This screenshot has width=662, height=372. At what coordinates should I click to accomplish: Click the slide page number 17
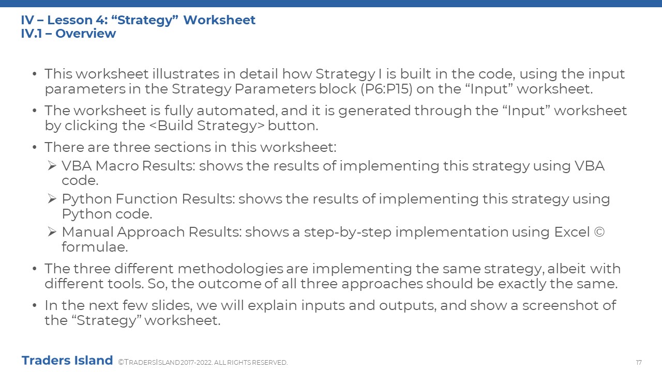(639, 363)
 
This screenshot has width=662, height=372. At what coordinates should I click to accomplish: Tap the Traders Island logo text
(67, 361)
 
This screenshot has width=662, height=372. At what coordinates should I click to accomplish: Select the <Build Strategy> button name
(207, 126)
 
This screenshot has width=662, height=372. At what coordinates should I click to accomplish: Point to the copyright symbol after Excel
(599, 232)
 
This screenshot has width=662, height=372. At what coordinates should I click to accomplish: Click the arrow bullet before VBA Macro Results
(52, 166)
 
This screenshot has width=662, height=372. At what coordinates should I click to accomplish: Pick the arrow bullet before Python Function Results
(52, 199)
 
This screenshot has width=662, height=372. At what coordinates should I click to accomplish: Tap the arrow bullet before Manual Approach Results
(52, 232)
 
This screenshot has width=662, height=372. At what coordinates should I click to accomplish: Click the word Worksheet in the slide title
(219, 20)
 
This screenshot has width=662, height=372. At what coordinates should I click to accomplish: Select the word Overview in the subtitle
(86, 34)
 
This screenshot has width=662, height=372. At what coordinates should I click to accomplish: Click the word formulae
(95, 247)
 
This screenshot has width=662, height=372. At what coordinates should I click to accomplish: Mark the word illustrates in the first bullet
(186, 74)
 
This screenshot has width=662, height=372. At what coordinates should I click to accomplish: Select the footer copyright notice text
(203, 363)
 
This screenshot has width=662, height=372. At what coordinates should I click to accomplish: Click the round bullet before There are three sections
(35, 147)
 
